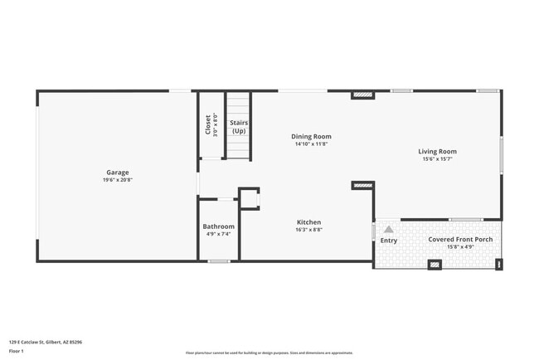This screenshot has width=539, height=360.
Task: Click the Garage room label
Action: click(118, 173)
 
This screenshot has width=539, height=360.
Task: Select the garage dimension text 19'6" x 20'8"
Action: click(118, 180)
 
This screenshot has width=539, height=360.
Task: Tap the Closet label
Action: click(207, 124)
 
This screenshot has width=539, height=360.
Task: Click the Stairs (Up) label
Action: click(239, 127)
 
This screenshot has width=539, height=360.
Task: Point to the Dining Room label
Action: click(311, 136)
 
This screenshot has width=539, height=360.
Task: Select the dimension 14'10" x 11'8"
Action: click(311, 144)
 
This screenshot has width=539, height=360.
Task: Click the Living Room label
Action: click(437, 152)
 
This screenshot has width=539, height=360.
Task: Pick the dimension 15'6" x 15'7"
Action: click(437, 159)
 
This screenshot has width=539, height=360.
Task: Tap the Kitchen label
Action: click(309, 222)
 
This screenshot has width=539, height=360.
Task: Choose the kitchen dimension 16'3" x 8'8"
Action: click(309, 230)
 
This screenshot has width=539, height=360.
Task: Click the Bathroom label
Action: click(219, 226)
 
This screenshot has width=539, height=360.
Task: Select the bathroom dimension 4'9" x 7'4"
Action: click(219, 234)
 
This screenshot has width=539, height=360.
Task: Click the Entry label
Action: click(388, 241)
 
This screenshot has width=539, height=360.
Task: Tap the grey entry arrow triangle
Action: click(388, 229)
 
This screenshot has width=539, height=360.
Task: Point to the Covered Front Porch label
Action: click(460, 240)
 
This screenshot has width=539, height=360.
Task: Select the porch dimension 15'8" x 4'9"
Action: click(460, 246)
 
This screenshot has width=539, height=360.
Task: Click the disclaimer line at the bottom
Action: click(269, 353)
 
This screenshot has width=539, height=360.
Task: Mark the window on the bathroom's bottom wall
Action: click(219, 261)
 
